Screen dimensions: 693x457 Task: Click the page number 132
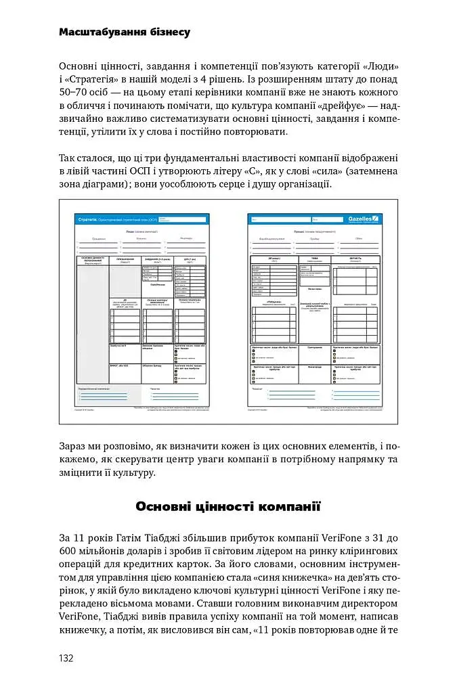coord(66,658)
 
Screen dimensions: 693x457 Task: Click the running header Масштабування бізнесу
coord(125,32)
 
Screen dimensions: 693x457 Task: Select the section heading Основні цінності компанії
coord(227,506)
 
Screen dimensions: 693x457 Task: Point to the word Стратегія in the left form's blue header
coord(88,221)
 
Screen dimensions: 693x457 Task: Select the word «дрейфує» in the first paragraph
coord(345,106)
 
